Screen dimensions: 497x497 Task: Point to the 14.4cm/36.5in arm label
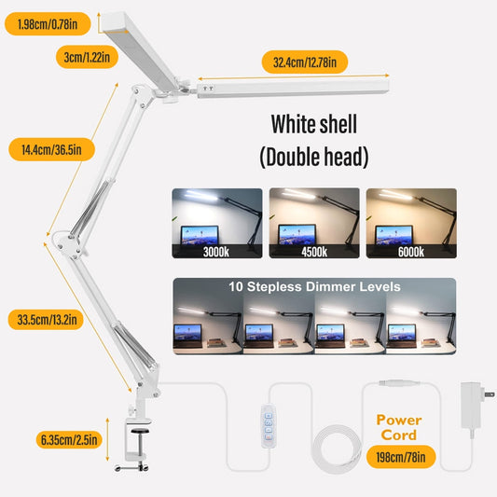48,149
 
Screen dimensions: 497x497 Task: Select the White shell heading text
314,124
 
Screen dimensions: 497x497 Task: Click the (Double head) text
314,157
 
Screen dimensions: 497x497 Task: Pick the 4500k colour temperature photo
314,225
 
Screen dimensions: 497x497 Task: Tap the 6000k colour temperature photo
411,225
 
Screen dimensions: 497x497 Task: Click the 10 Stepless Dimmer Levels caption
314,288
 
